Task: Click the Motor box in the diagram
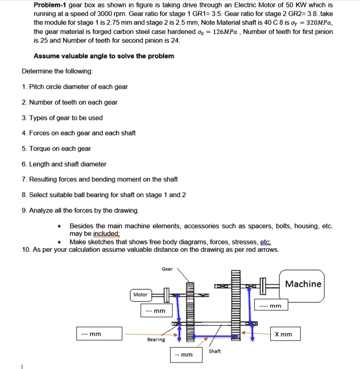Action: click(x=141, y=295)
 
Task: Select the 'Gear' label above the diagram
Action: click(x=168, y=269)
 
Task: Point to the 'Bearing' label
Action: click(x=156, y=340)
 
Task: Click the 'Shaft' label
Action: click(x=215, y=352)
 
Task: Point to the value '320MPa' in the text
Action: click(x=320, y=23)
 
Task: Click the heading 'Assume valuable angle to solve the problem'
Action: click(x=104, y=56)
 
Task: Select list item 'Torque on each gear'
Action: click(x=60, y=149)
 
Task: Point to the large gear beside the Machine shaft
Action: click(x=235, y=305)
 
